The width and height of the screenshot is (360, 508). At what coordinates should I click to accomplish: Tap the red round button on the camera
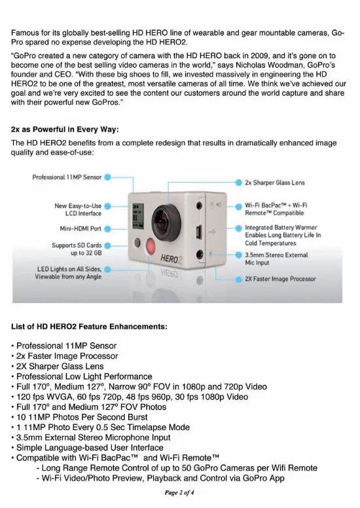pos(152,250)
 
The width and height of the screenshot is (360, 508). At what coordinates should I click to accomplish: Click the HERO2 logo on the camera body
pos(174,259)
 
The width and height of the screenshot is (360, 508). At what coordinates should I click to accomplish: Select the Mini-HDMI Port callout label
pos(78,228)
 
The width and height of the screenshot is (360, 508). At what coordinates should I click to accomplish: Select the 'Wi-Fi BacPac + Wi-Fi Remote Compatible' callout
pos(277,209)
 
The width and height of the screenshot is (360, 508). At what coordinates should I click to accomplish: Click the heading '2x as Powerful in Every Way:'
pos(65,129)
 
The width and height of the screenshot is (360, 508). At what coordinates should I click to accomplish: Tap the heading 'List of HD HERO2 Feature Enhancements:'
pos(89,325)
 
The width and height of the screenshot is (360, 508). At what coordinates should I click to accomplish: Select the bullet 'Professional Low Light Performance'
pos(84,376)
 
